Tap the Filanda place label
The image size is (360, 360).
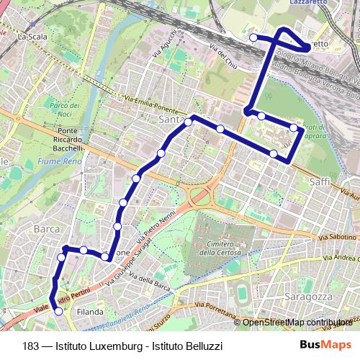click(x=90, y=312)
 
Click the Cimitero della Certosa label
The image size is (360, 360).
click(x=216, y=248)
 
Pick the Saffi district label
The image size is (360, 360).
click(x=319, y=183)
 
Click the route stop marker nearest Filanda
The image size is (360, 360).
click(x=58, y=311)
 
